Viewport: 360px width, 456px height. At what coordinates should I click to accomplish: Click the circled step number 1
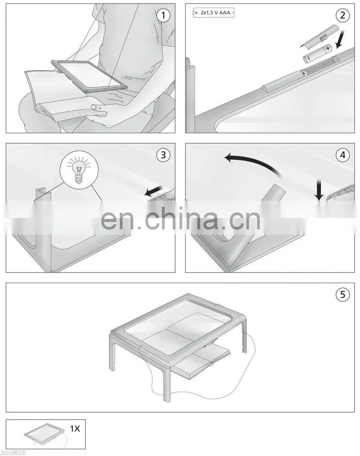[163, 15]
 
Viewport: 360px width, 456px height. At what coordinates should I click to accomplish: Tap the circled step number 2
[342, 15]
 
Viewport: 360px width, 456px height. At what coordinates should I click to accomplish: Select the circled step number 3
[163, 155]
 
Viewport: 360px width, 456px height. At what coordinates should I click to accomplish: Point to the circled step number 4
[342, 155]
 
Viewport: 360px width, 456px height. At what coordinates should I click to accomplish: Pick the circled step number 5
[342, 294]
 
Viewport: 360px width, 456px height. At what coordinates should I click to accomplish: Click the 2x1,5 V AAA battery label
[214, 13]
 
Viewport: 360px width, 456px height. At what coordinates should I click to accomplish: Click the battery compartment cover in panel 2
[319, 36]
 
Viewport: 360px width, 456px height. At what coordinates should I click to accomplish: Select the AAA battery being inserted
[318, 54]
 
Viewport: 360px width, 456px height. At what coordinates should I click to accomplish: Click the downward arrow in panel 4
[319, 190]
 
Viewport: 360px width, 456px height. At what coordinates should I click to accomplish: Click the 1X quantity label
[75, 429]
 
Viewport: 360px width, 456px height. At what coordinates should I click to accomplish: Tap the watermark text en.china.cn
[180, 217]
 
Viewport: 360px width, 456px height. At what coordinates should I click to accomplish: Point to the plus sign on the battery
[328, 48]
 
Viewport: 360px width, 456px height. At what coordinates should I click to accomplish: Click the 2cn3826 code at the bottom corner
[13, 452]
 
